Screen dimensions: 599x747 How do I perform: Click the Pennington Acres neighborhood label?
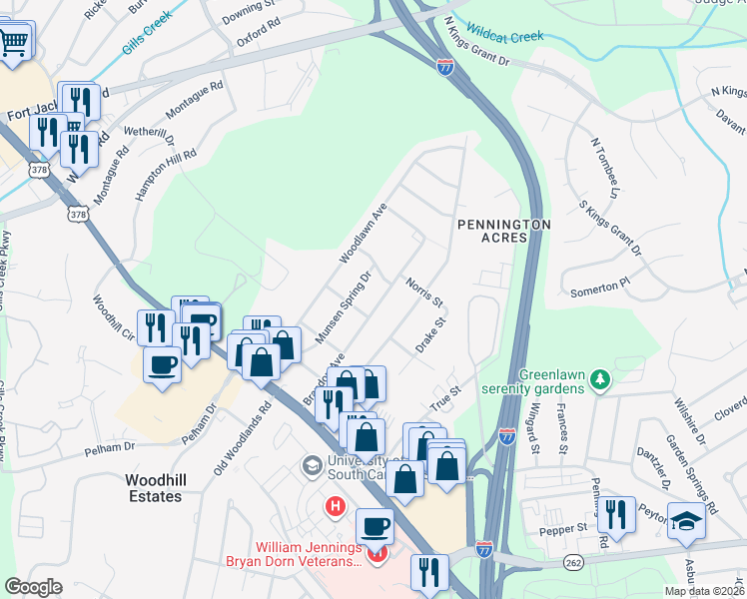click(503, 232)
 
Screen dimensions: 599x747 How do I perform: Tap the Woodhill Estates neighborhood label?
click(155, 488)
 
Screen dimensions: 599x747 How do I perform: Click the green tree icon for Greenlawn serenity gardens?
click(599, 378)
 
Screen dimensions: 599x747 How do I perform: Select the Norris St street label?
click(423, 293)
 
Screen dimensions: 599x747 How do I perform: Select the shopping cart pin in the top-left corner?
click(15, 42)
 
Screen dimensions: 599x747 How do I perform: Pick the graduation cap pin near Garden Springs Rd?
click(684, 521)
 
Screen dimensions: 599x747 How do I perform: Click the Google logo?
click(33, 587)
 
